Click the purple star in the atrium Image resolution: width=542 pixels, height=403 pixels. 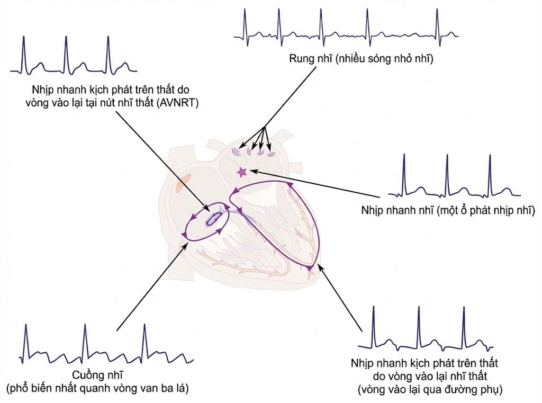coord(241,172)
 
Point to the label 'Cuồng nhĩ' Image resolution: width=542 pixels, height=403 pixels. coord(97,375)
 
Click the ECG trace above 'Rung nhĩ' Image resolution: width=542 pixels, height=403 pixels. coord(346,28)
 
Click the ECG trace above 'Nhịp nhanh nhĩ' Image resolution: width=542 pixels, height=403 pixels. coord(454,176)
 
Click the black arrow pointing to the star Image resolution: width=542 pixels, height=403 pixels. coord(315,184)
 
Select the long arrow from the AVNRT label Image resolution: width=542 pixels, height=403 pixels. coord(162,161)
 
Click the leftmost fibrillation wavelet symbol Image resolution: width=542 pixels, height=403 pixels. coord(237,151)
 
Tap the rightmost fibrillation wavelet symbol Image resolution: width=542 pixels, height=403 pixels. coord(271,153)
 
